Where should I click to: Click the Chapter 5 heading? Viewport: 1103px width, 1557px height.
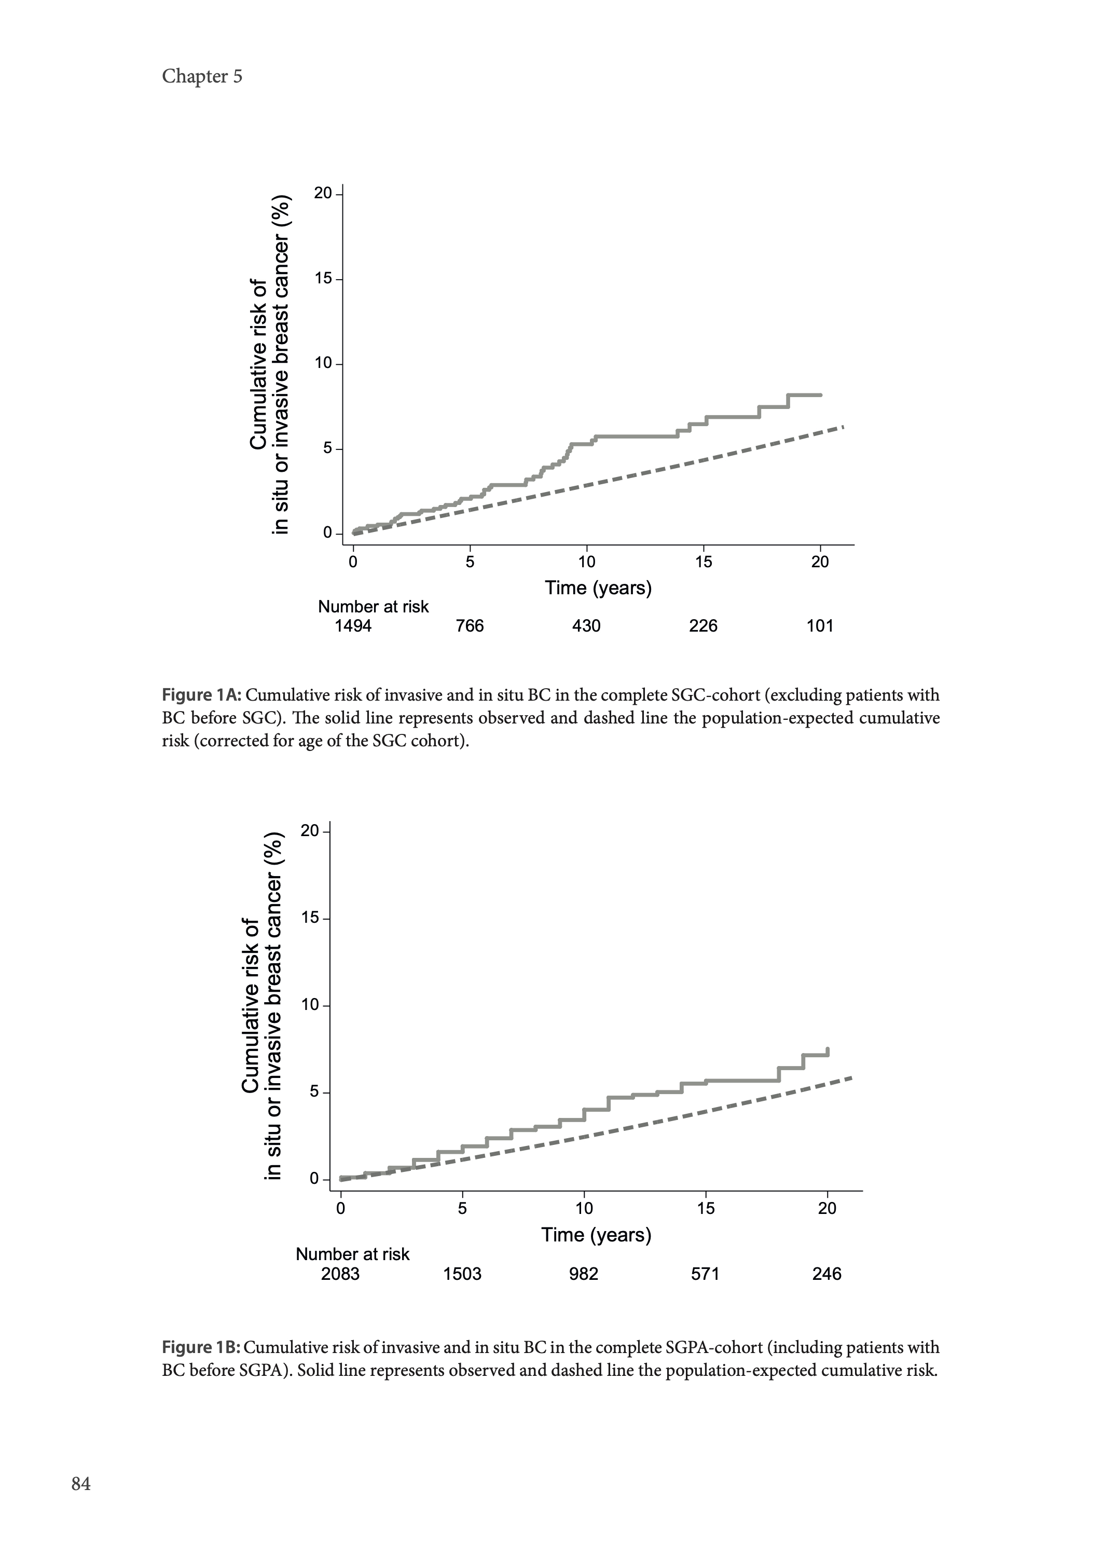click(x=202, y=76)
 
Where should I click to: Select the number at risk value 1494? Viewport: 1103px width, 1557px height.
click(x=353, y=625)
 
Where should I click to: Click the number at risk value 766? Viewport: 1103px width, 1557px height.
click(x=470, y=625)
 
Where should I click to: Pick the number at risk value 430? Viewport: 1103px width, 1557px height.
click(x=586, y=625)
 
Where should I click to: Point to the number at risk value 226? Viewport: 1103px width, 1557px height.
click(x=703, y=625)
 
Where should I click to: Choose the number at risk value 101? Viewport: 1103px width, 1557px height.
click(x=820, y=625)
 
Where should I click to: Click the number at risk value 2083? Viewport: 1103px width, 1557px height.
click(x=340, y=1274)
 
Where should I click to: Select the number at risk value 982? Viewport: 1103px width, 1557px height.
click(x=584, y=1274)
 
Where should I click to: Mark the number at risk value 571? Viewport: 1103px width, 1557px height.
click(x=705, y=1274)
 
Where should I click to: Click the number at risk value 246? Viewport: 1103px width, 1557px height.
click(x=826, y=1274)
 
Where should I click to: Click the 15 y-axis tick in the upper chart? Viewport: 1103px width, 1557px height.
click(x=323, y=279)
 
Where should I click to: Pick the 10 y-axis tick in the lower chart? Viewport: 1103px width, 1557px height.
click(x=310, y=1005)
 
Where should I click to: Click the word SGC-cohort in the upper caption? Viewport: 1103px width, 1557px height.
click(x=714, y=695)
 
